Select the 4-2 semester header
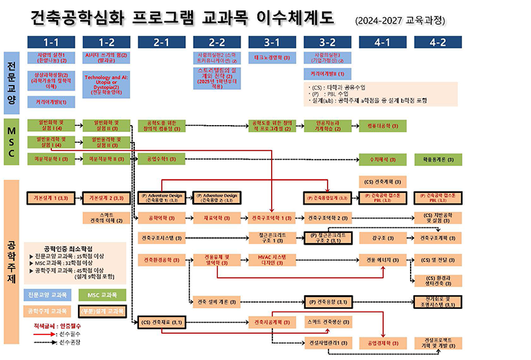(x=437, y=41)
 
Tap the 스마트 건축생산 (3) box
(x=327, y=321)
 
